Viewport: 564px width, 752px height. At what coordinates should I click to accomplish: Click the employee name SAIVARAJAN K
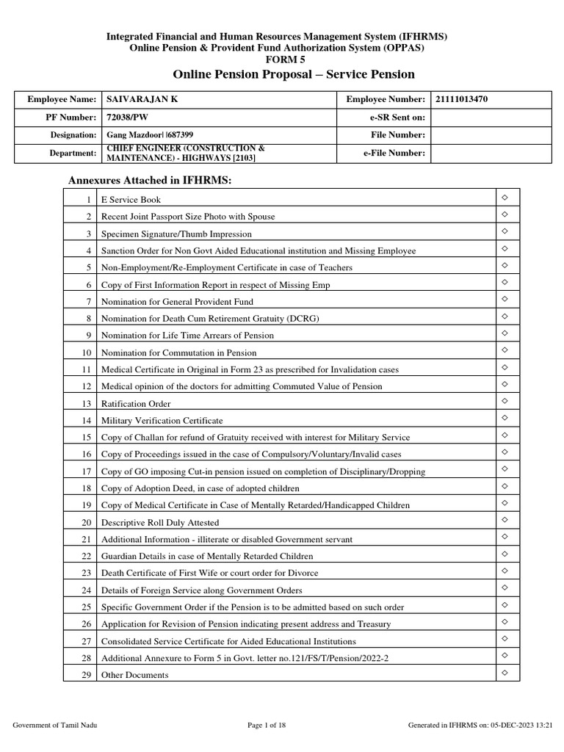tap(142, 99)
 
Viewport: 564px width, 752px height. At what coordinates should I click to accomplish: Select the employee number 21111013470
tap(461, 99)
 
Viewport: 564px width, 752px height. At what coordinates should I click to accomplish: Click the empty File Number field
tap(491, 135)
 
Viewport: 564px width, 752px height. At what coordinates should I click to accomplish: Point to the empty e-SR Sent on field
tap(491, 117)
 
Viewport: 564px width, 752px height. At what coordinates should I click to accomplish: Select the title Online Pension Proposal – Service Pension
tap(294, 75)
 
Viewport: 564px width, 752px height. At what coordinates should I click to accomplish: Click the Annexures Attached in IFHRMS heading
tap(150, 180)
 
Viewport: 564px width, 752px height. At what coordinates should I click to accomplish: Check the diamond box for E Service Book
tap(505, 198)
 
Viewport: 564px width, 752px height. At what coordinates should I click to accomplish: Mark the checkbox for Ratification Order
tap(505, 402)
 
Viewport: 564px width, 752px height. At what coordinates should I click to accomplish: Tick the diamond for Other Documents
tap(505, 673)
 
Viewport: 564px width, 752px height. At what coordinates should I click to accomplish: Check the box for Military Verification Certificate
tap(505, 419)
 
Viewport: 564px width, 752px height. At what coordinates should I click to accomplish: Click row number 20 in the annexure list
tap(85, 522)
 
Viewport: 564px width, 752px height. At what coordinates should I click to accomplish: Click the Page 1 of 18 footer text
tap(270, 726)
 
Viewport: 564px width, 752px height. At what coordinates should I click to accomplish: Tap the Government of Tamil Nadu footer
tap(56, 726)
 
